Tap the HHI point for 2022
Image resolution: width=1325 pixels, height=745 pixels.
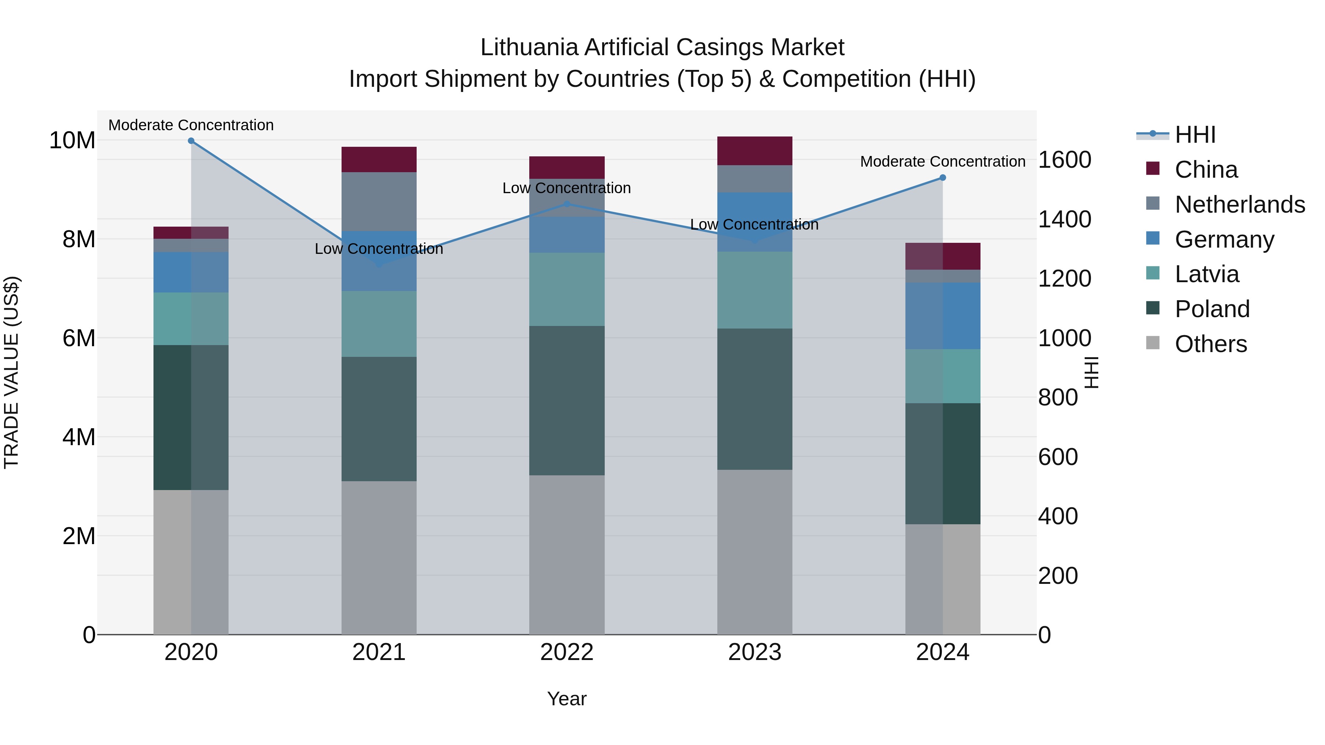point(567,204)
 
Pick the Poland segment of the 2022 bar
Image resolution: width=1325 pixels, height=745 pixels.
point(567,401)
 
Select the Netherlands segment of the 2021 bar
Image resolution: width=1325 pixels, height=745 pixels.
point(379,202)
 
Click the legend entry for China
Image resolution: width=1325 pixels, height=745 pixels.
point(1206,170)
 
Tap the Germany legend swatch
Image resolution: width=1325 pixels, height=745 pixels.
point(1153,238)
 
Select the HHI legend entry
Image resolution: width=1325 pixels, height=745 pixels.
point(1195,135)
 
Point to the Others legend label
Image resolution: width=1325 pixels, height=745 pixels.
point(1211,344)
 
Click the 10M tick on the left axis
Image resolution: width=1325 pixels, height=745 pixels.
point(72,141)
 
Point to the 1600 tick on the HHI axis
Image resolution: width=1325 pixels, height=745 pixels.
point(1064,160)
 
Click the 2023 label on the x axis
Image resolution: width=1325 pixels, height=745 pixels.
point(755,652)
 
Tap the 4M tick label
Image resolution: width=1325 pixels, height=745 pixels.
point(79,437)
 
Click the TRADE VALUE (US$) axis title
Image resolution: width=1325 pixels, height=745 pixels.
point(11,372)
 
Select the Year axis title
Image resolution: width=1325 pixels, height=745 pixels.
point(567,699)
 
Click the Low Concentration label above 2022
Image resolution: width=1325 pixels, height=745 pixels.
point(566,188)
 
